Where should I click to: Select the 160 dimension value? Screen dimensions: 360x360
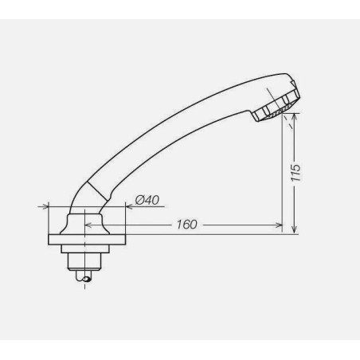point(186,224)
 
